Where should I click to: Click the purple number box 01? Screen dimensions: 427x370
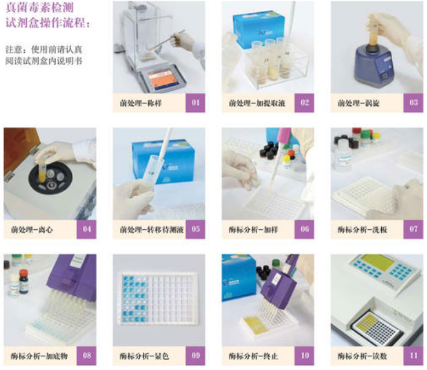point(195,103)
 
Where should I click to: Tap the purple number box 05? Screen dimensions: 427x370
point(195,229)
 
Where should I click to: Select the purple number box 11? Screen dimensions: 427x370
point(413,356)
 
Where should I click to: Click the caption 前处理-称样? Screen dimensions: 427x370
point(141,103)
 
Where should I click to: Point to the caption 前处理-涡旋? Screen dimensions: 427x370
point(359,103)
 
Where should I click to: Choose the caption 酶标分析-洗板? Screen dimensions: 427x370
point(362,230)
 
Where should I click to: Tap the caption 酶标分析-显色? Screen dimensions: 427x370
point(144,356)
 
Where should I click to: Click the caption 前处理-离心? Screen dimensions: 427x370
point(32,230)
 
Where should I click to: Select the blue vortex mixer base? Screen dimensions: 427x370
point(374,65)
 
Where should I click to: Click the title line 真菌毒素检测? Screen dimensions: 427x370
point(40,8)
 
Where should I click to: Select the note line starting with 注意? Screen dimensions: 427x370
point(43,50)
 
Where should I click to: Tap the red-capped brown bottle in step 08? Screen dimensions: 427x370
point(23,281)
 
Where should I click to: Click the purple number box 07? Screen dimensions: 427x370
point(413,229)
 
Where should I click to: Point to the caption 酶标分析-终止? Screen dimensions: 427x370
point(253,356)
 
